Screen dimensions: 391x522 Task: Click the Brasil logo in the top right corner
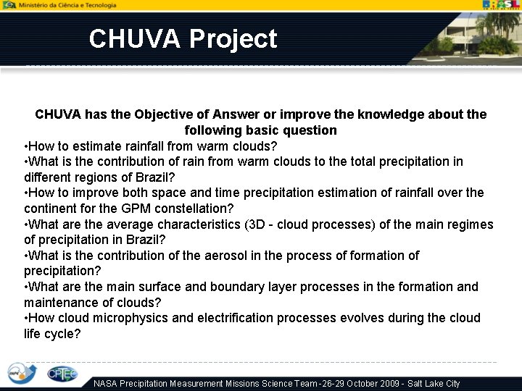pos(502,5)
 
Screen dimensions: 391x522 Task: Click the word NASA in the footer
pos(108,384)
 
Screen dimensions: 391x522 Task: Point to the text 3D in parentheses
pos(257,224)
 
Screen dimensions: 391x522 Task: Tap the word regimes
pos(470,224)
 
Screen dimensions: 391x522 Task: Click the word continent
pos(49,209)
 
